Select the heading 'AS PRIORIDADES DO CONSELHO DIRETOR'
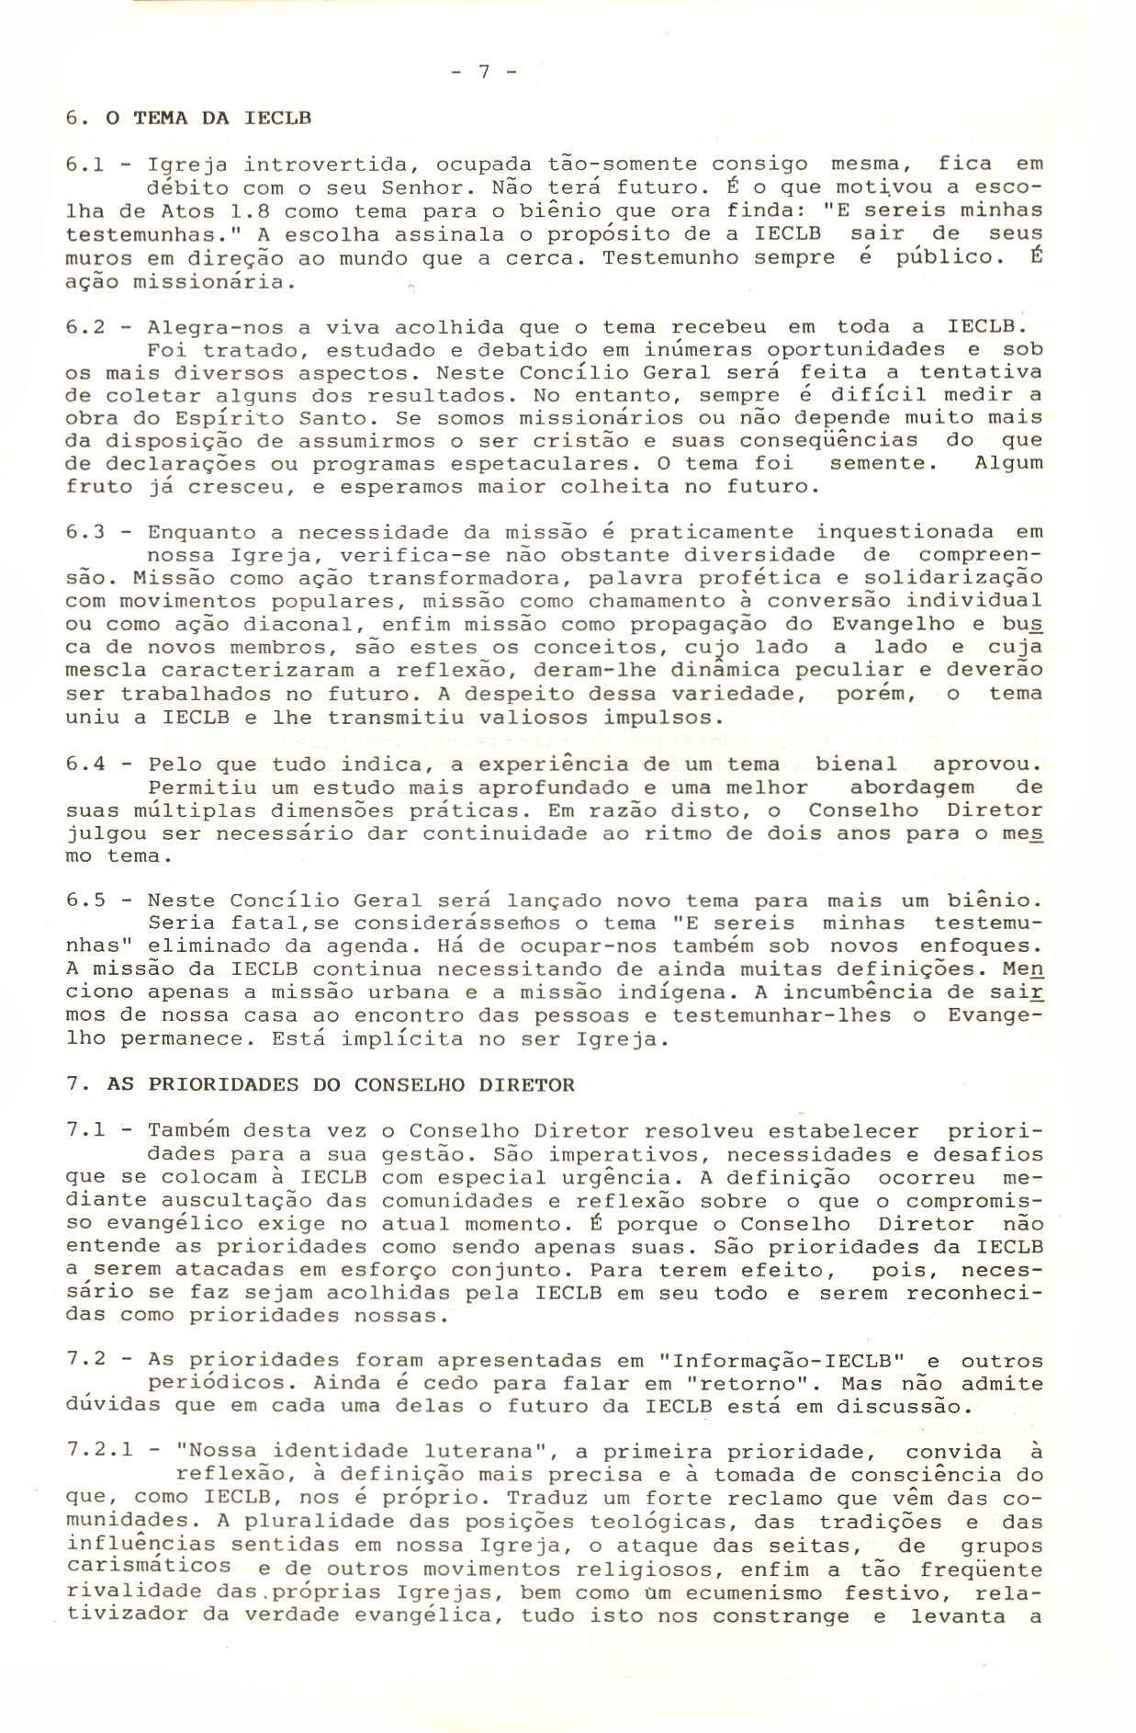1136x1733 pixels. (341, 1084)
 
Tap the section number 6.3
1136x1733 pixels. (88, 533)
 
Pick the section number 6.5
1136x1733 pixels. (88, 900)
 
